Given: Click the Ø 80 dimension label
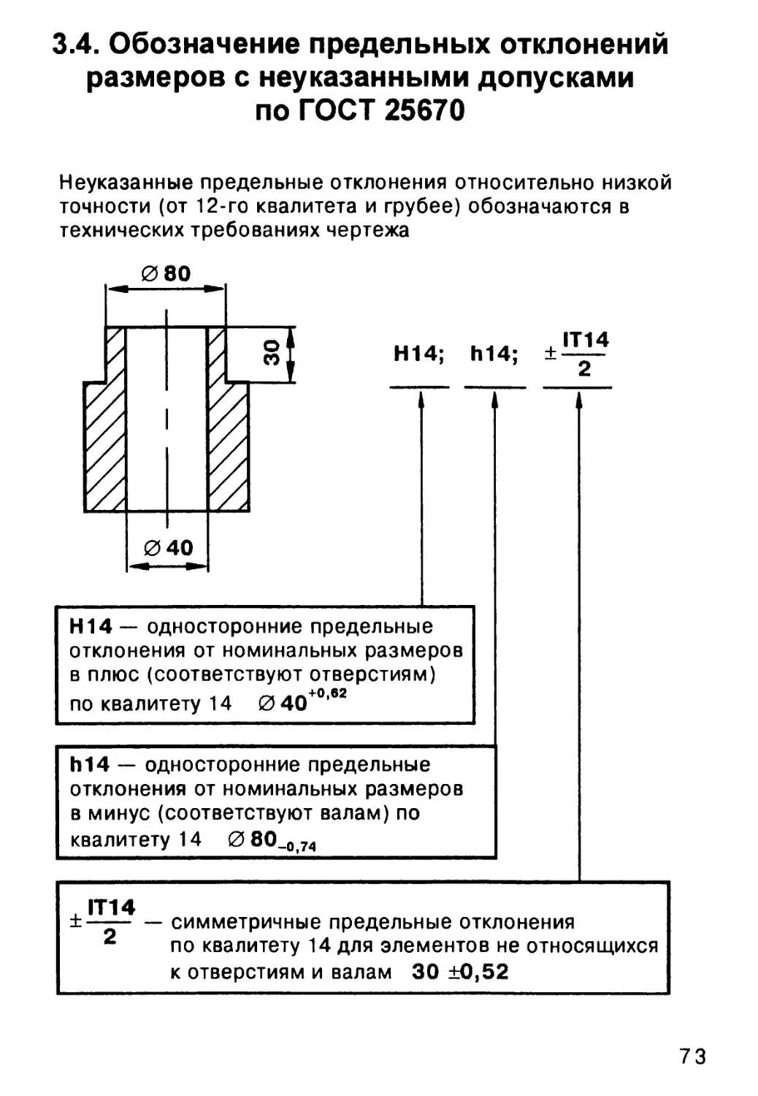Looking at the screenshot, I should [166, 274].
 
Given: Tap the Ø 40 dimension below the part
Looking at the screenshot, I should [169, 548].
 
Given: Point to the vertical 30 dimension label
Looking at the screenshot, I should [272, 354].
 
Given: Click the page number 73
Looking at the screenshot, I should [693, 1057].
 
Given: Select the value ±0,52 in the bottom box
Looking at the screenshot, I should [478, 973].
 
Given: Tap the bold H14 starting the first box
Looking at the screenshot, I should [91, 627].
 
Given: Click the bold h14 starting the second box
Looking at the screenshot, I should [90, 765].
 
